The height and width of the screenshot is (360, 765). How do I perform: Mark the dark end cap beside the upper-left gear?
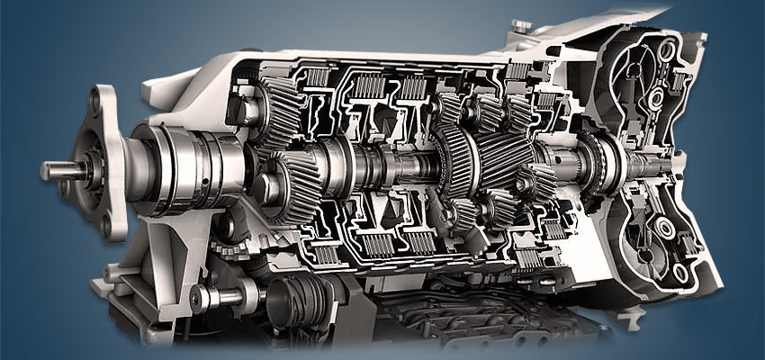242,110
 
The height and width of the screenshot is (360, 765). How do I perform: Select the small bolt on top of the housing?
520,26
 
